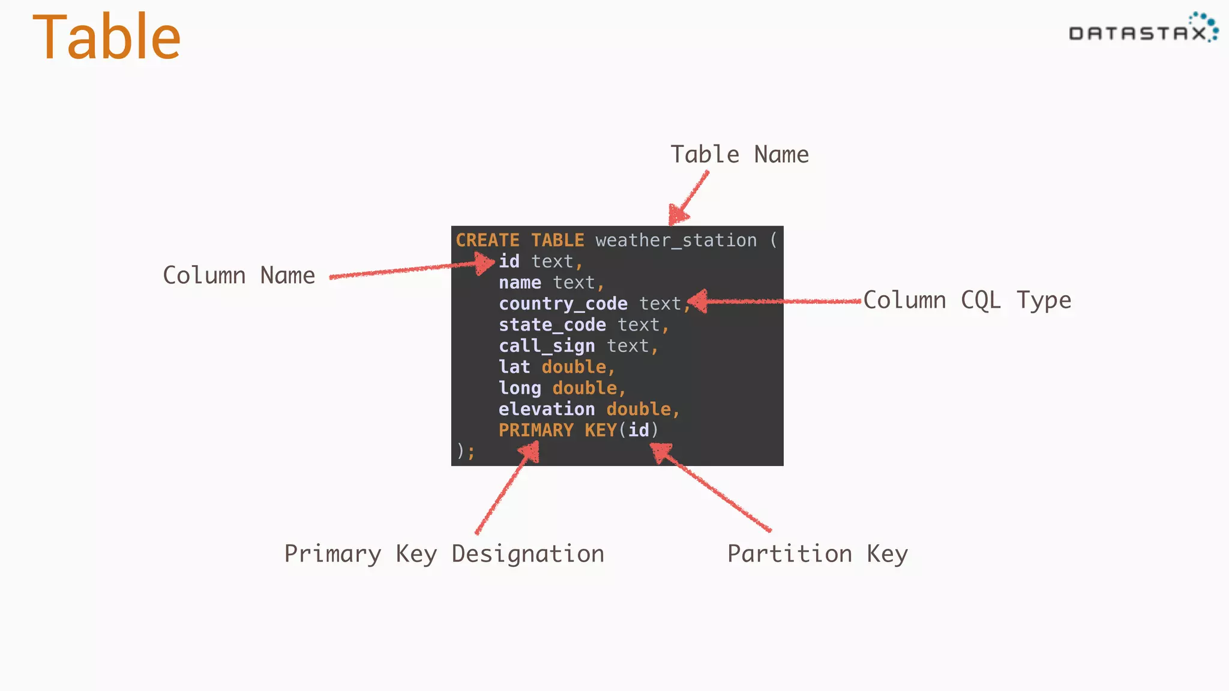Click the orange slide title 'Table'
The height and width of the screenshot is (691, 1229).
tap(107, 38)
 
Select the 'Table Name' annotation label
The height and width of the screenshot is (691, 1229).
tap(739, 155)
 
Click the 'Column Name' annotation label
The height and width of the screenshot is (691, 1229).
tap(239, 275)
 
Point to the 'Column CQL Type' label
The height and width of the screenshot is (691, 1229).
tap(967, 300)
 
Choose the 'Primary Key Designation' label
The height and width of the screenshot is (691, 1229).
tap(444, 554)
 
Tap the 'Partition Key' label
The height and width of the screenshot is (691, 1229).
tap(817, 554)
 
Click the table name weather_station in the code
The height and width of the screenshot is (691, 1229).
tap(676, 241)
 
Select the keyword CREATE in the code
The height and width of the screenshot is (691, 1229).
tap(487, 241)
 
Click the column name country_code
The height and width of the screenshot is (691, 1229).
tap(563, 304)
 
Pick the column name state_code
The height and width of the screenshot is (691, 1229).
tap(552, 325)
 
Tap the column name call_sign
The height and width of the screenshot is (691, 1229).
tap(547, 346)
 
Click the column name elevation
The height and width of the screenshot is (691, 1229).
tap(547, 409)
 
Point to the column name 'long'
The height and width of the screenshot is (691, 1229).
tap(520, 388)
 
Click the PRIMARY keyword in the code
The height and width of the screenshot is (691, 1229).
tap(536, 430)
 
